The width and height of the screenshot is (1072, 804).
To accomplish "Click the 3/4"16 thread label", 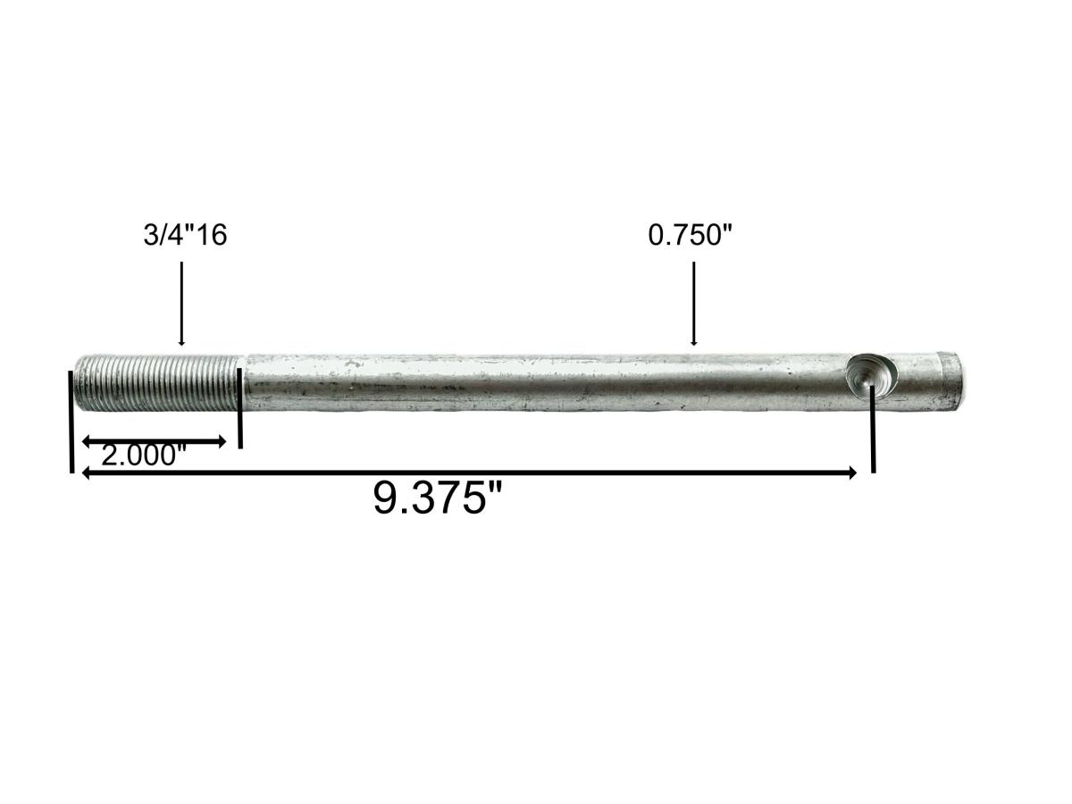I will coord(185,236).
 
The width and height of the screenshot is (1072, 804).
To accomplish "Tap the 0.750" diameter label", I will coord(691,236).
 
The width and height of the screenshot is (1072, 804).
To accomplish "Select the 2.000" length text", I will coord(143,456).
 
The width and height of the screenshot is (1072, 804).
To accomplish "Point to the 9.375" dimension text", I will coord(439,497).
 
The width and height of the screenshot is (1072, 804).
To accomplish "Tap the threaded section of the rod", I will coord(157,382).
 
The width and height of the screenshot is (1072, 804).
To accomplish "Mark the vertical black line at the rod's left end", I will coord(71,420).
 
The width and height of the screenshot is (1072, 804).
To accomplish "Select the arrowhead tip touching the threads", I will coord(181,345).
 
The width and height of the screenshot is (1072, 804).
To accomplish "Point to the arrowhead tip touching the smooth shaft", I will coord(693,345).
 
